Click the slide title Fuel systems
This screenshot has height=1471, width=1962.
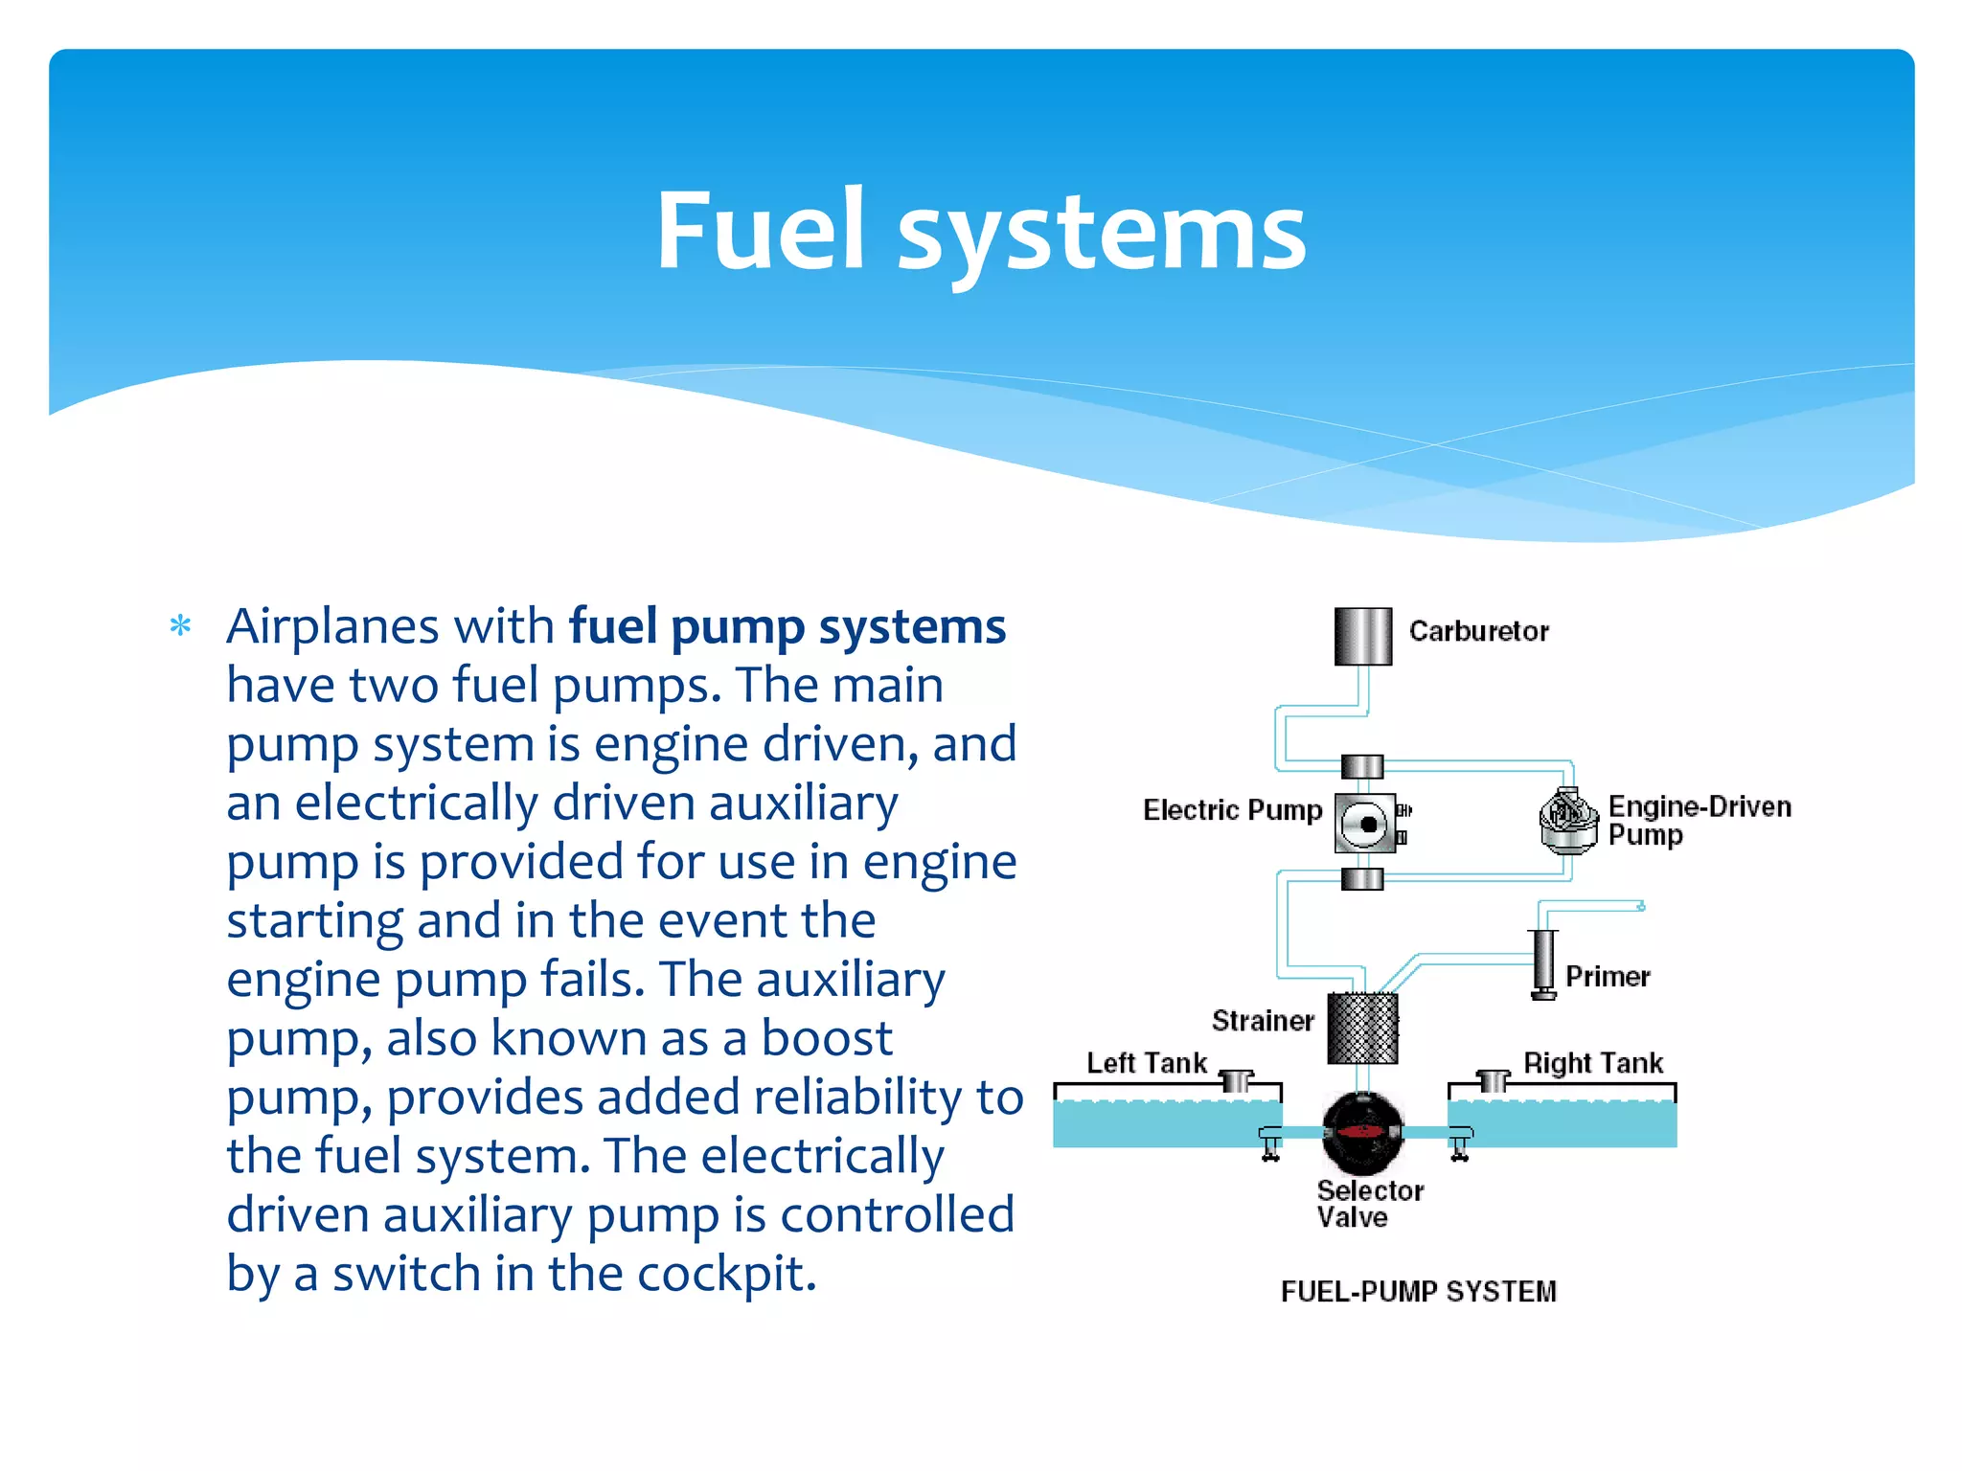click(x=981, y=230)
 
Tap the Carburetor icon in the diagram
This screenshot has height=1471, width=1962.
click(x=1362, y=636)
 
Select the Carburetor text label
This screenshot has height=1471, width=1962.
click(x=1478, y=631)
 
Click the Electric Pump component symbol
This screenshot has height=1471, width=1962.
click(x=1365, y=823)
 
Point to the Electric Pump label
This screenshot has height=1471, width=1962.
click(x=1232, y=810)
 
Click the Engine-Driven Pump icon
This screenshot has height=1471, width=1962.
click(x=1568, y=821)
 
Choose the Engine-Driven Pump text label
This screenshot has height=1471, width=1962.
click(x=1699, y=820)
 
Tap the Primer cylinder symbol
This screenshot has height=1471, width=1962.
click(x=1543, y=962)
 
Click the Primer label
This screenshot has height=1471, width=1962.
click(x=1608, y=977)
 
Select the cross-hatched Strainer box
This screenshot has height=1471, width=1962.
click(x=1362, y=1029)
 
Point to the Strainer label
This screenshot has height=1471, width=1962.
click(x=1263, y=1021)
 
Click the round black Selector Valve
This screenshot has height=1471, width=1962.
click(x=1362, y=1133)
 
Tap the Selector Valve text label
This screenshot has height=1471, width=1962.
click(x=1369, y=1204)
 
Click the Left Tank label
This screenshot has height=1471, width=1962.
click(x=1146, y=1063)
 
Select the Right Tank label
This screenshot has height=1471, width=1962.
click(x=1593, y=1063)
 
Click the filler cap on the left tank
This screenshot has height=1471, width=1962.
click(x=1237, y=1080)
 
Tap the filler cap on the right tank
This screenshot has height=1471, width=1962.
click(x=1493, y=1080)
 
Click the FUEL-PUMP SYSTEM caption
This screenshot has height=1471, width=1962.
click(x=1418, y=1291)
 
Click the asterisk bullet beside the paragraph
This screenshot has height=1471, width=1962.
click(x=180, y=626)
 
